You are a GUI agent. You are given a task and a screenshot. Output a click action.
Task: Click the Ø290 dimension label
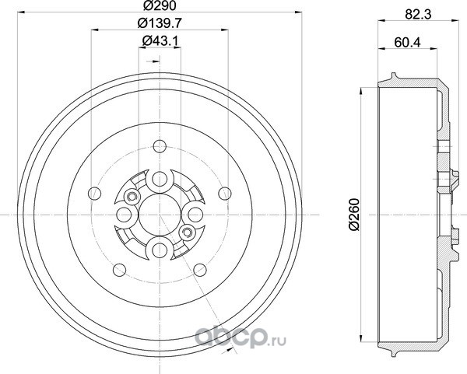point(160,5)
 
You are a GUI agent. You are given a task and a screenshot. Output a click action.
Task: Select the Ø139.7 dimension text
point(160,23)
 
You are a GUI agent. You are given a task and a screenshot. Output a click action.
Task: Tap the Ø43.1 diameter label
point(160,40)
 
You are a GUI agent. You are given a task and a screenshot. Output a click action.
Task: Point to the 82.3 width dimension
point(418,14)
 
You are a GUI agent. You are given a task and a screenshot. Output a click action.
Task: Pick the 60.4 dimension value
point(407,42)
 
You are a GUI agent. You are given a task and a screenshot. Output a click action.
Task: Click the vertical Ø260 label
point(354,215)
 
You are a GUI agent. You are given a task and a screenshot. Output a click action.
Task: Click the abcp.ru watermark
point(240,337)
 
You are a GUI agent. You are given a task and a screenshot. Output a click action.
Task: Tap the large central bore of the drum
point(160,215)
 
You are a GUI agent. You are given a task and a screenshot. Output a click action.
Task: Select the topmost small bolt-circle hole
point(160,146)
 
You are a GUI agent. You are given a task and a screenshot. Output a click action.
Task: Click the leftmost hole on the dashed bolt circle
point(95,194)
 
